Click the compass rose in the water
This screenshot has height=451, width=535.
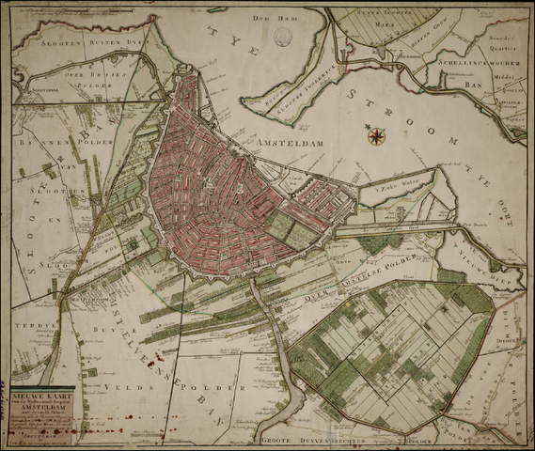click(x=376, y=135)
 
